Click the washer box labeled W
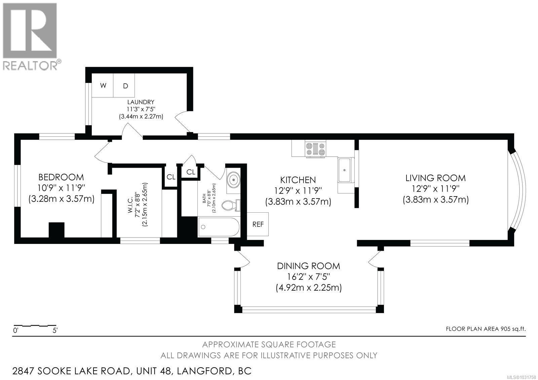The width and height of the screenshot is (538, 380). pyautogui.click(x=103, y=86)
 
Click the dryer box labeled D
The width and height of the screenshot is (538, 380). pyautogui.click(x=125, y=86)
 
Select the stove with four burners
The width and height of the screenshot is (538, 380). pyautogui.click(x=315, y=149)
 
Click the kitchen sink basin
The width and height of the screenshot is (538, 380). pyautogui.click(x=345, y=170)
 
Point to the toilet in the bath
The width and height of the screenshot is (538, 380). pyautogui.click(x=231, y=205)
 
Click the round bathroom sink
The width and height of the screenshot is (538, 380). pyautogui.click(x=233, y=180)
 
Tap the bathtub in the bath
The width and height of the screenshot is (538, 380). pyautogui.click(x=219, y=227)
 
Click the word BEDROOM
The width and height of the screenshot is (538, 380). pyautogui.click(x=61, y=177)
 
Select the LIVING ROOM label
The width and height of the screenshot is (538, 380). pyautogui.click(x=435, y=178)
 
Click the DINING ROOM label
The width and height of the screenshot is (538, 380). pyautogui.click(x=308, y=266)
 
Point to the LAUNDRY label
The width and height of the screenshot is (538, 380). pyautogui.click(x=141, y=102)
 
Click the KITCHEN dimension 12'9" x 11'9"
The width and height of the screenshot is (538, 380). pyautogui.click(x=298, y=191)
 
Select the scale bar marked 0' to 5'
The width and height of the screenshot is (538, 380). pyautogui.click(x=35, y=326)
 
